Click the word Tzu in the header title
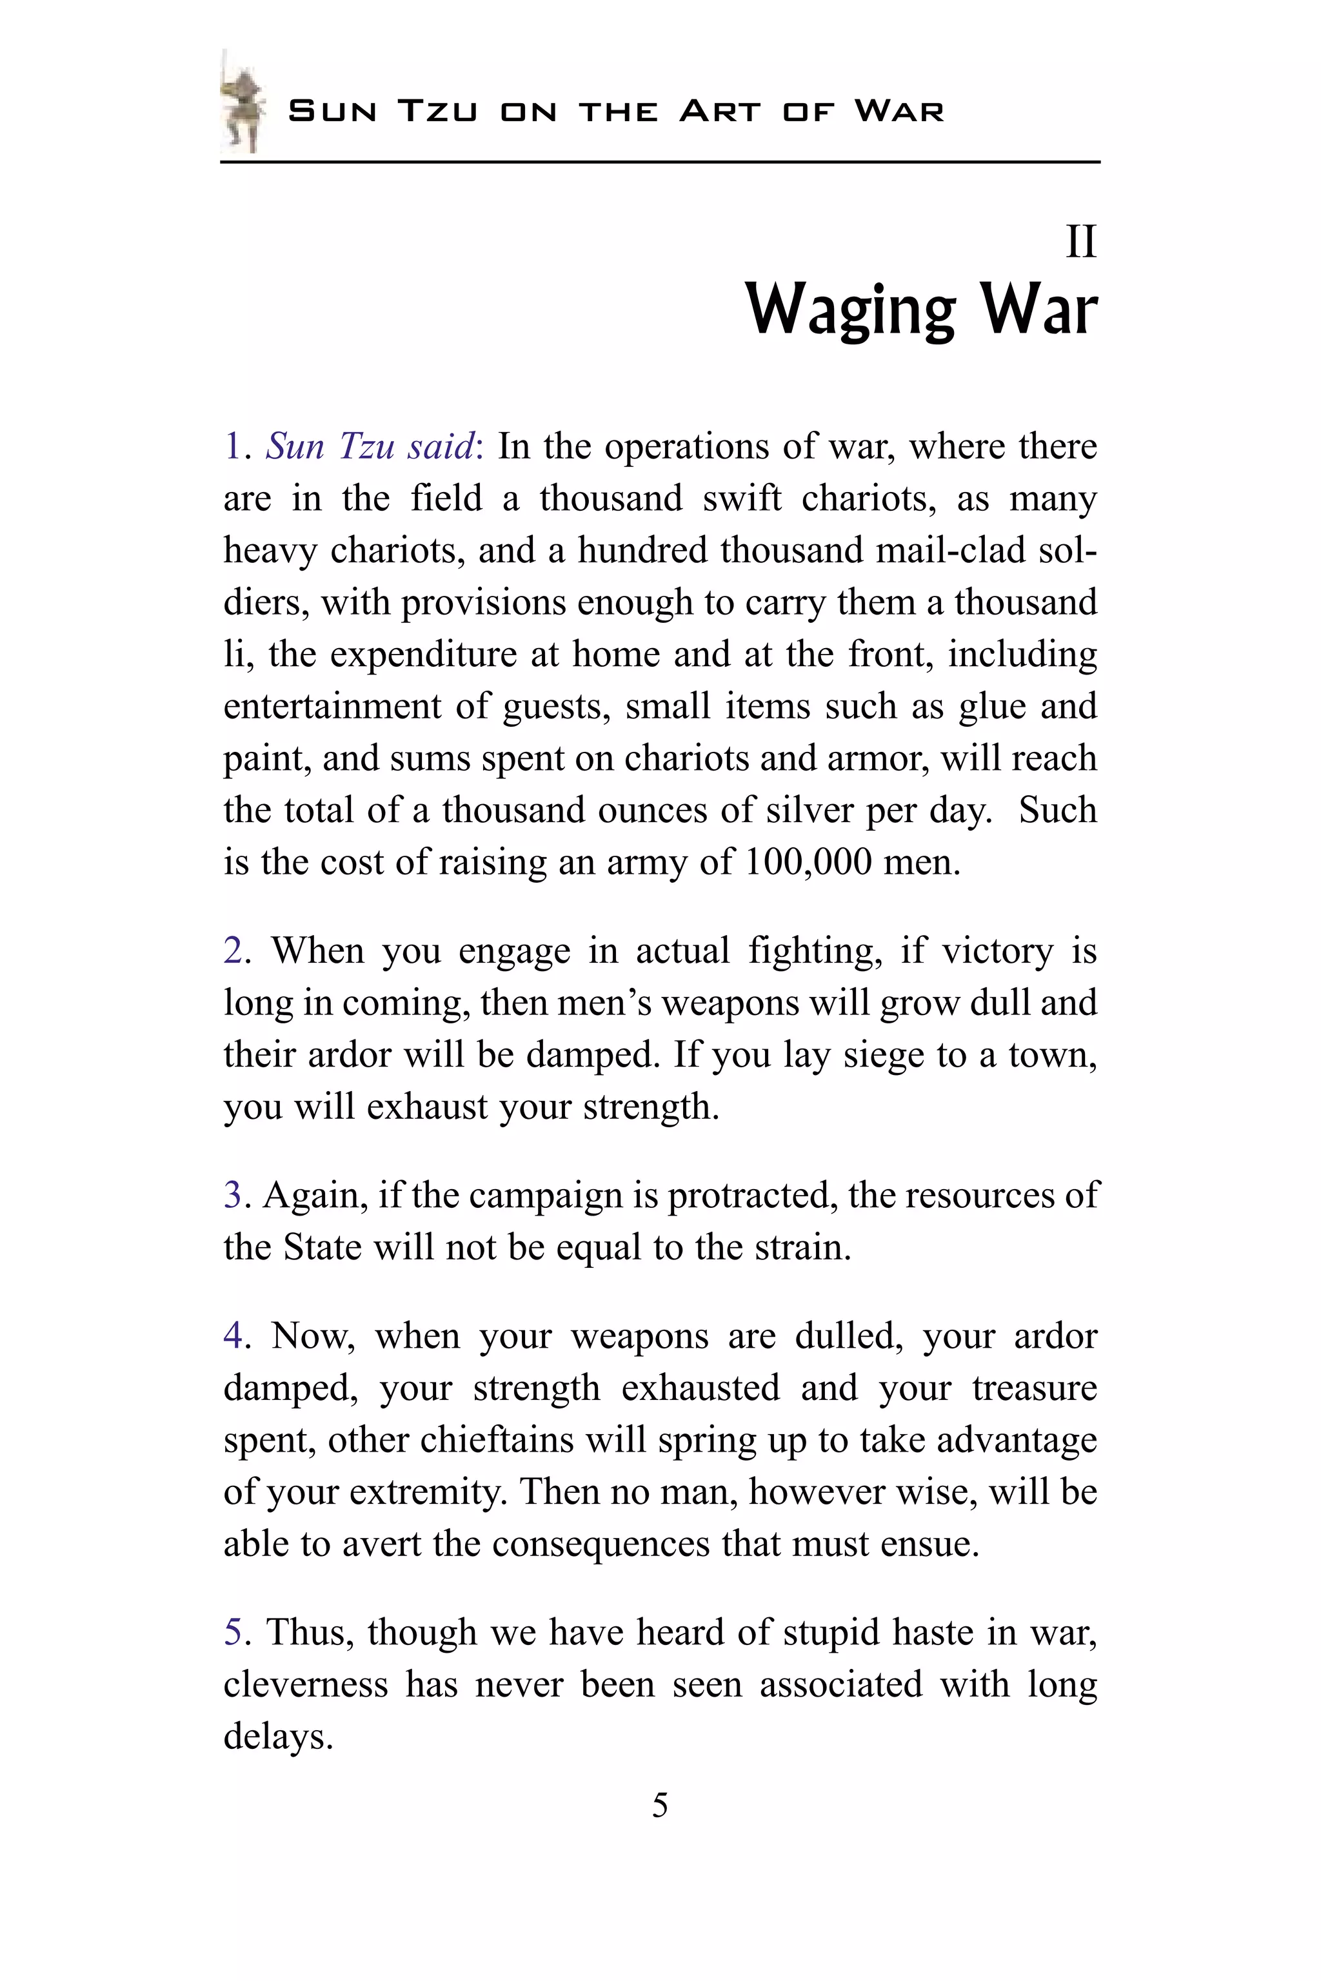[437, 111]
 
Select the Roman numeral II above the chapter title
[1081, 242]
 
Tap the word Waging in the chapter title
[850, 310]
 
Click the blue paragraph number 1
[232, 446]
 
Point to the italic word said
[441, 446]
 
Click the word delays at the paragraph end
[277, 1737]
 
